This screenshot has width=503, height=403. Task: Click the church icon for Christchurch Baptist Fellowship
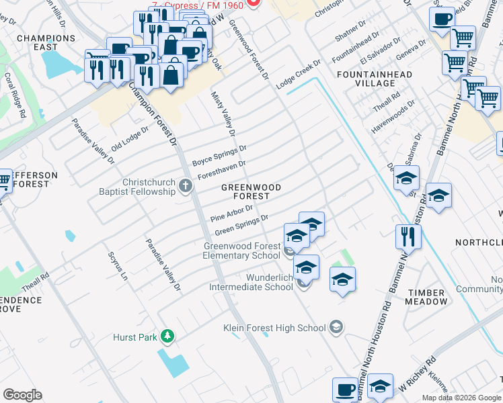click(x=186, y=183)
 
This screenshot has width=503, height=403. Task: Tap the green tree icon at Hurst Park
click(x=171, y=335)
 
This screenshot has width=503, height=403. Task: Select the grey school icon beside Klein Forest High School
click(x=336, y=328)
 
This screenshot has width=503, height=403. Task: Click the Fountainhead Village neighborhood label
click(x=366, y=78)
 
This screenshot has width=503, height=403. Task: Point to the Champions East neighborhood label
click(x=46, y=43)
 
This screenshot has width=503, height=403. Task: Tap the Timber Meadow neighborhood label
click(x=426, y=297)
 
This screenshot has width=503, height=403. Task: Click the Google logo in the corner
click(x=22, y=395)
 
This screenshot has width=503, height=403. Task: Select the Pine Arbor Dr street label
click(x=231, y=213)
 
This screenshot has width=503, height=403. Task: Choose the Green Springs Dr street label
click(x=241, y=225)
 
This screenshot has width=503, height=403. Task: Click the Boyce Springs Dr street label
click(x=219, y=155)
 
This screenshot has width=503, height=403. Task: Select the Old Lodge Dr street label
click(x=130, y=138)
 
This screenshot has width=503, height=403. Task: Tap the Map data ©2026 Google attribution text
click(x=461, y=398)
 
